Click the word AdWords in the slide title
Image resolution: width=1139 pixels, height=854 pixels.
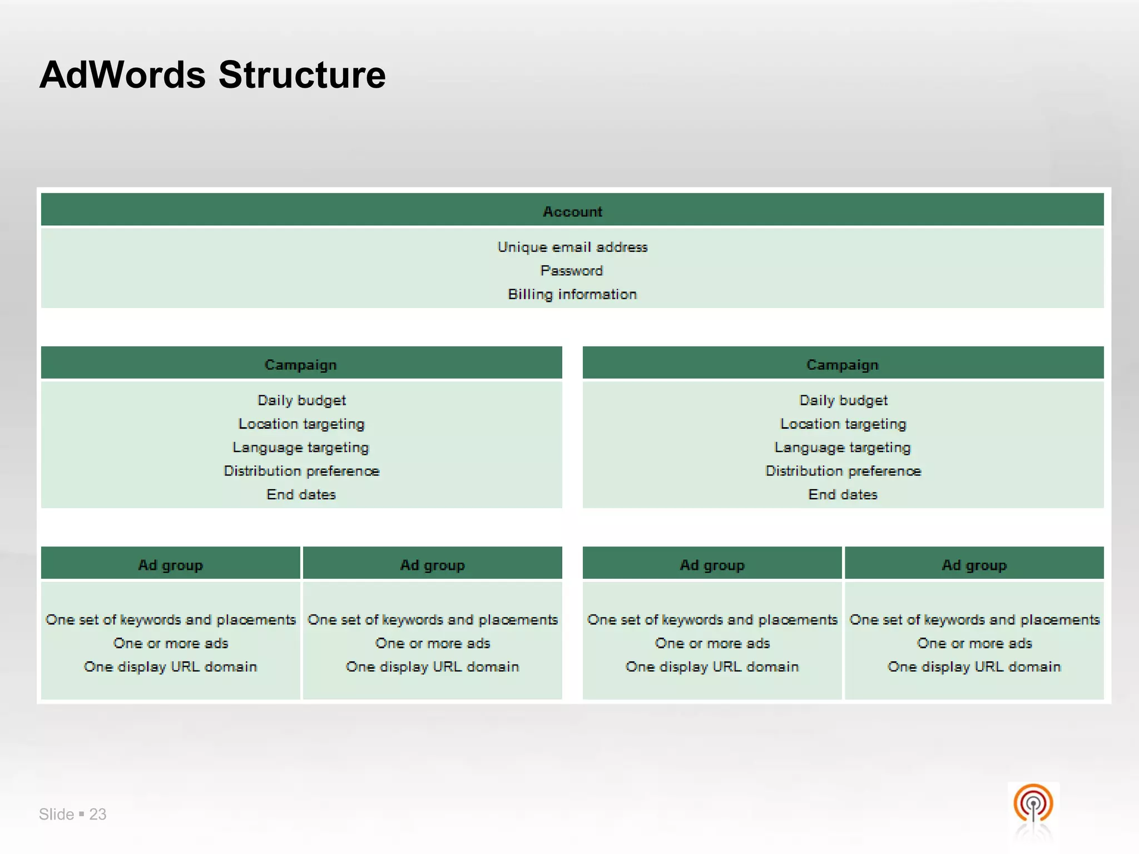pos(122,75)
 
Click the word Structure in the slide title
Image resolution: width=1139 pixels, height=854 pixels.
pos(302,75)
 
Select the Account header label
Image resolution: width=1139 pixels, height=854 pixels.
pos(572,212)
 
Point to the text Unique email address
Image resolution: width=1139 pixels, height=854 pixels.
pos(572,247)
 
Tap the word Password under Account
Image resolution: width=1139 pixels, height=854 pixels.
pos(572,271)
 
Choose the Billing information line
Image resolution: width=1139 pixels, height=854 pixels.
pos(572,294)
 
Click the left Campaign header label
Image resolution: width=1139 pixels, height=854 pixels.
pos(301,365)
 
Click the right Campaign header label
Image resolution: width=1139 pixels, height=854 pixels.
pos(843,365)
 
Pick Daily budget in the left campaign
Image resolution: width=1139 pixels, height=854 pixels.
pos(301,400)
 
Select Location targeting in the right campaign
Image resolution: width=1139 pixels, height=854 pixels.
pos(843,424)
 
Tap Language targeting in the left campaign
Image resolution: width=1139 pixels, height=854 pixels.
pos(301,448)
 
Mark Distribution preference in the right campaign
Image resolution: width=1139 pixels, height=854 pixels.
pos(843,471)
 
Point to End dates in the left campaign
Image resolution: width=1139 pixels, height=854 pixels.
pos(301,494)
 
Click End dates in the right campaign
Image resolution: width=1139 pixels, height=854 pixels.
pos(843,494)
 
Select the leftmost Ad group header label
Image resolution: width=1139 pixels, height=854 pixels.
pos(170,565)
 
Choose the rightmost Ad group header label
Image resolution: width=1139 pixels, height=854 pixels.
pos(974,565)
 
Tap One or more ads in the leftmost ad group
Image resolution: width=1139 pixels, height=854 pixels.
pos(171,643)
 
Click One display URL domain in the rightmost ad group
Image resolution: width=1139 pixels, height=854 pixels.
pos(974,667)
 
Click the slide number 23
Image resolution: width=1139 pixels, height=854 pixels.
pos(98,814)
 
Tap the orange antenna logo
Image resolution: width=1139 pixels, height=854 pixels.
pos(1033,803)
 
